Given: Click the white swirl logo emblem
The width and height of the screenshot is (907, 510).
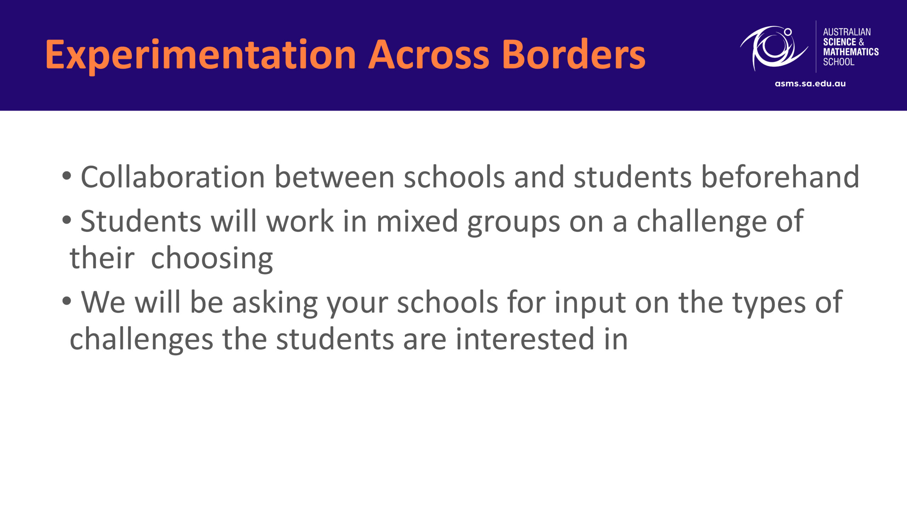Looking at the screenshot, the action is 774,48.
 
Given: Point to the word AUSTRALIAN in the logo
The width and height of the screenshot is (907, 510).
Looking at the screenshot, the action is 847,32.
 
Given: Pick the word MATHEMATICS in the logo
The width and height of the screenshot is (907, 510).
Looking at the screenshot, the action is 851,52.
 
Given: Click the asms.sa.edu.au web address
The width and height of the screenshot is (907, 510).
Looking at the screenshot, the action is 810,84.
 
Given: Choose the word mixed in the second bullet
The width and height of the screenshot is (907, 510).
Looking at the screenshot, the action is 417,221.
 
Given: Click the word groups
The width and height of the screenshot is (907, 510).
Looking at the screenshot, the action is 514,223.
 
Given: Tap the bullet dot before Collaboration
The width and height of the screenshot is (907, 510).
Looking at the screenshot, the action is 67,176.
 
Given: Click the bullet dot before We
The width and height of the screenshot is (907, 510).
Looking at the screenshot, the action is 67,301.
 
